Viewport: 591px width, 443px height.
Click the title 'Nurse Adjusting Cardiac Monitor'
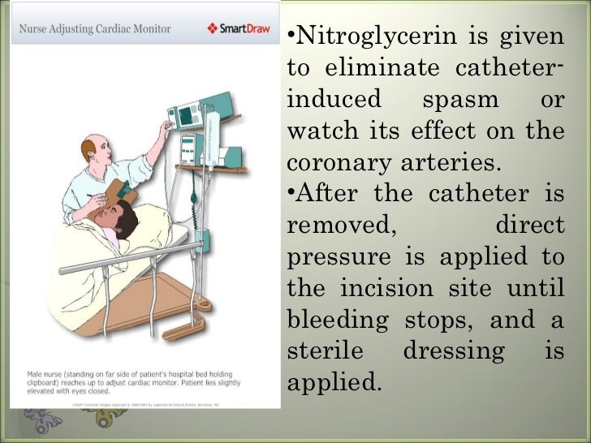tap(94, 29)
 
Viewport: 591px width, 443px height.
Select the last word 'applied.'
tap(334, 380)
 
